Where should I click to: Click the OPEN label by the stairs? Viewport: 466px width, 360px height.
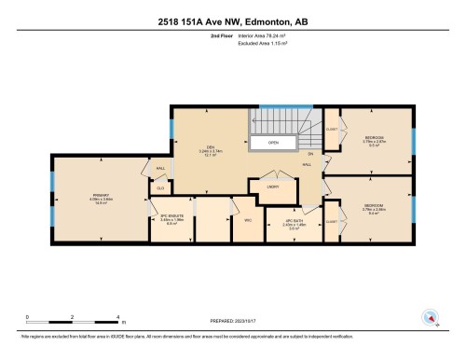(273, 143)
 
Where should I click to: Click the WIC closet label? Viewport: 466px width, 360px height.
(248, 221)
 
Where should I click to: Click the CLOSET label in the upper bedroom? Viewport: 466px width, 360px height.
(332, 131)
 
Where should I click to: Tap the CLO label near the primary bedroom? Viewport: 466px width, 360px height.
(160, 187)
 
